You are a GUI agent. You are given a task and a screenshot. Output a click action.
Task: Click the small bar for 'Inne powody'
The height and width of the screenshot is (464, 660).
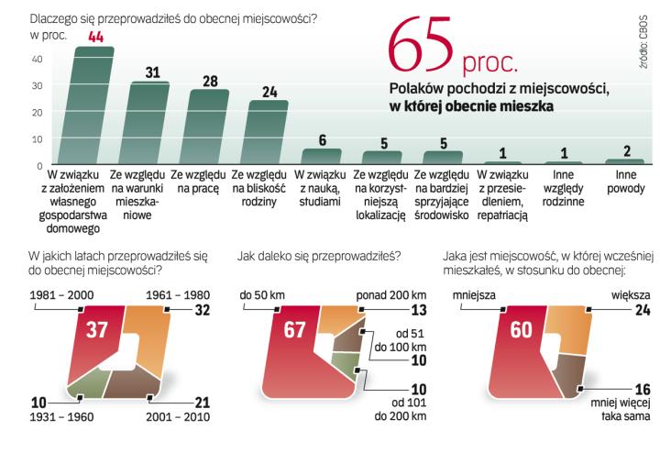pos(625,161)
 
